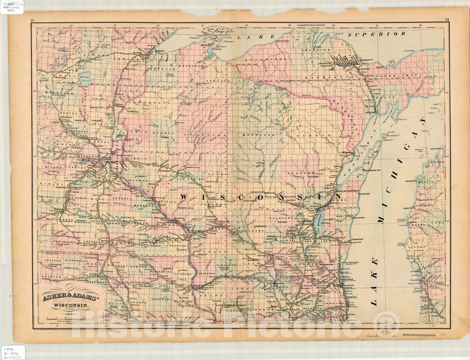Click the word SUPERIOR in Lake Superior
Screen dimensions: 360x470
tap(377, 34)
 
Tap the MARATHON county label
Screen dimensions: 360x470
tap(258, 135)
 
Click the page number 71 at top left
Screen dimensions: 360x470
tap(33, 20)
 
